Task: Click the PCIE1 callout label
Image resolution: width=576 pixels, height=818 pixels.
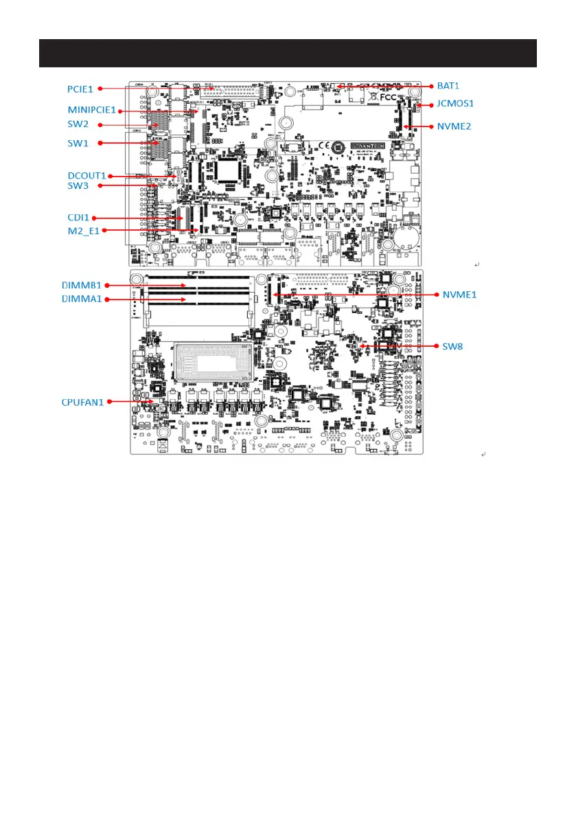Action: [80, 89]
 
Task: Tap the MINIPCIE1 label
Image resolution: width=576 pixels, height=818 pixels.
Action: [92, 109]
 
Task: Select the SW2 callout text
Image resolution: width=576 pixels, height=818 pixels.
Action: [78, 124]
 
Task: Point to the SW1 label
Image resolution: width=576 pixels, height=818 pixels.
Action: [78, 143]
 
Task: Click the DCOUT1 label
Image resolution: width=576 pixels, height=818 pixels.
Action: [87, 175]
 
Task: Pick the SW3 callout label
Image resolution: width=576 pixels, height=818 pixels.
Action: [78, 185]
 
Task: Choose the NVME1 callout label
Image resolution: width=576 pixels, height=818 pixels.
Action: [460, 294]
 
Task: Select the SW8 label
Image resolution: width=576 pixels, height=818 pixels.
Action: [452, 346]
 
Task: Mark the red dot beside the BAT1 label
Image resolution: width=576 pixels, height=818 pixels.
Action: [433, 87]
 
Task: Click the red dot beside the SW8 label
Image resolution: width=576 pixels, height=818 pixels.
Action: [433, 346]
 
